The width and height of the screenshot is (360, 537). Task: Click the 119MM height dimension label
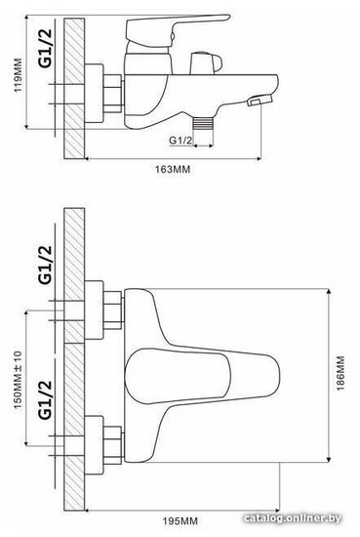point(18,75)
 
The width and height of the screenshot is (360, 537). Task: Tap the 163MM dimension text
point(173,169)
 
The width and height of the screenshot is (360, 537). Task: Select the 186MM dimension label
point(340,373)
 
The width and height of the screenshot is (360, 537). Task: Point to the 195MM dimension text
point(180,521)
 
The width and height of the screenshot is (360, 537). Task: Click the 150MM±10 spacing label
point(18,380)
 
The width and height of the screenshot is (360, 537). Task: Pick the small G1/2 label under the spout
point(180,140)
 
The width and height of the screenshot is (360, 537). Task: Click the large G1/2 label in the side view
point(46,48)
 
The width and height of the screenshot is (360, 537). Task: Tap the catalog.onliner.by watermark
point(293,518)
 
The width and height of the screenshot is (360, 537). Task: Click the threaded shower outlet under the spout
point(203,123)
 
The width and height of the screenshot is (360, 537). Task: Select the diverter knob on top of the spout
point(206,63)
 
